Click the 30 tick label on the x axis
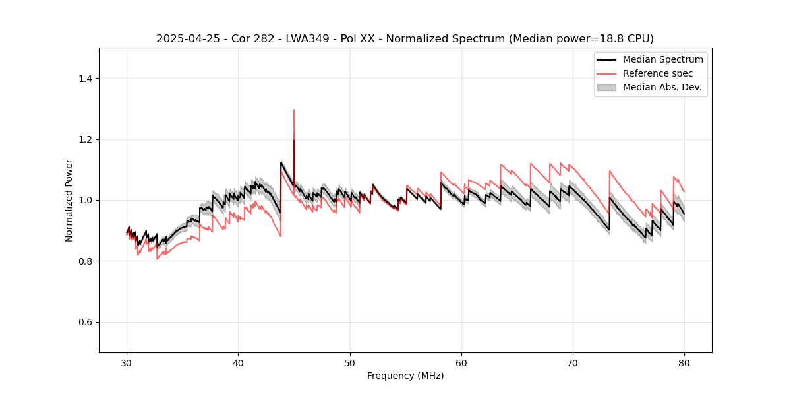click(x=127, y=362)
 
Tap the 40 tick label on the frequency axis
click(x=239, y=362)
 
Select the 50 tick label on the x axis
click(x=350, y=362)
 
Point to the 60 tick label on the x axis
click(x=461, y=362)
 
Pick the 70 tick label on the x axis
click(x=573, y=362)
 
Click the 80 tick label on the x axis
click(x=684, y=362)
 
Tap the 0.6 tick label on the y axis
click(x=85, y=322)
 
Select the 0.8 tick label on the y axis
click(x=85, y=261)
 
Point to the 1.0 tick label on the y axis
click(x=85, y=200)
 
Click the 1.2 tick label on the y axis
click(x=85, y=139)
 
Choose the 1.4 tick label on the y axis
click(x=85, y=79)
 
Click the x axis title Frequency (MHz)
click(x=405, y=376)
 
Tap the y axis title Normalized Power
click(x=69, y=200)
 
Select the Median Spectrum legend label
click(x=662, y=59)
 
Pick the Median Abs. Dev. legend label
click(x=662, y=87)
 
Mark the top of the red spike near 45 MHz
click(x=294, y=110)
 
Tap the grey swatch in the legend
click(x=606, y=87)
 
